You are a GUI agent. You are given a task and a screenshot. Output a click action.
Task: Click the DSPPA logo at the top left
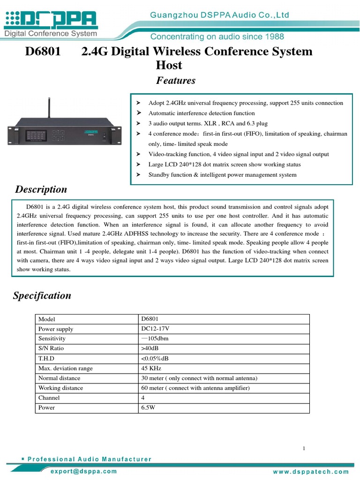51,20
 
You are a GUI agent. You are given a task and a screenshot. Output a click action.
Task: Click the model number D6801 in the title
43,52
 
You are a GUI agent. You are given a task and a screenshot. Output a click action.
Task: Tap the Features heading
176,81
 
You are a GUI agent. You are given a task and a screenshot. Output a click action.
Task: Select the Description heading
41,189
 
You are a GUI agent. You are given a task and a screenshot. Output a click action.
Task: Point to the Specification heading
42,296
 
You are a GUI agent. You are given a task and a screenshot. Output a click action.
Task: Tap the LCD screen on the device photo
35,135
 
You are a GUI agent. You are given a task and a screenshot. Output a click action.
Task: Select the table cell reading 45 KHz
151,368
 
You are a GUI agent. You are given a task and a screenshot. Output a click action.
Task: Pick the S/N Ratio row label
51,348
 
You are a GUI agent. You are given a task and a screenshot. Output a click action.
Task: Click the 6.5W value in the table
148,407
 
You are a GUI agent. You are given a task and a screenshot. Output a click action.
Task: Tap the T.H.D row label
47,358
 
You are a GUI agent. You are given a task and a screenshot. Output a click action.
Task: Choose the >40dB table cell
150,348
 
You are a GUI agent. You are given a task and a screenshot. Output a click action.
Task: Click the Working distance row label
60,388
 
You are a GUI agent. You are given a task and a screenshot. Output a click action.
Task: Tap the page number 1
304,449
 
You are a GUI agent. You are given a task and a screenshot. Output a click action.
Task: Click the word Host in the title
169,65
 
